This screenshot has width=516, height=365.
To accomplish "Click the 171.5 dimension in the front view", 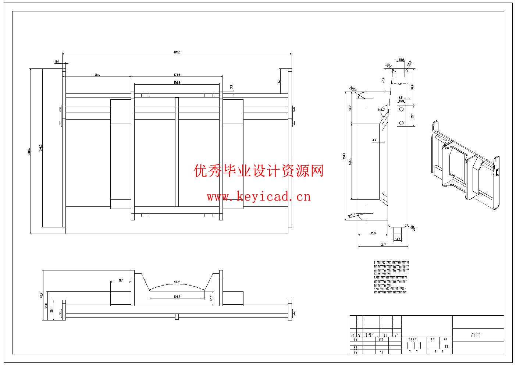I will point(177,75).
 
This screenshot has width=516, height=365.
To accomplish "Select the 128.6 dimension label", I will point(96,75).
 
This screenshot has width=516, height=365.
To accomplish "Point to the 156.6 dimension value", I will point(177,83).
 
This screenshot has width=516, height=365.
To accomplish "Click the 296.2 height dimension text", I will point(41,147).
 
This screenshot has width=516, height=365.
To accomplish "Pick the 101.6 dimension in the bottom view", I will point(177,297).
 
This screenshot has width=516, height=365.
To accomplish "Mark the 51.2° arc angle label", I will point(177,283).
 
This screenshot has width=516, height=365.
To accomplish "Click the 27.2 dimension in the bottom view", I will point(211,298).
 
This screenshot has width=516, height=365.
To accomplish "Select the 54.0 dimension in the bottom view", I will point(46,306).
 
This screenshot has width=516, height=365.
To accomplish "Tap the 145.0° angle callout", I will point(381,110).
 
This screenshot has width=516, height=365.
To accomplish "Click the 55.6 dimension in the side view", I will point(373,233).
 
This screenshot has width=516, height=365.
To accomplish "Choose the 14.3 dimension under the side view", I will point(398,239).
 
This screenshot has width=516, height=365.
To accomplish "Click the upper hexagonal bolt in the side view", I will point(402,110).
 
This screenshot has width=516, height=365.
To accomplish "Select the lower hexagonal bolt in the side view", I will point(402,122).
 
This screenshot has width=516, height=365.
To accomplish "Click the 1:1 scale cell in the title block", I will point(446,346).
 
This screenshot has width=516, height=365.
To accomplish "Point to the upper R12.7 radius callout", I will point(354,89).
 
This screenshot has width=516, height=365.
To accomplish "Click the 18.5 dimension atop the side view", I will point(401,60).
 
